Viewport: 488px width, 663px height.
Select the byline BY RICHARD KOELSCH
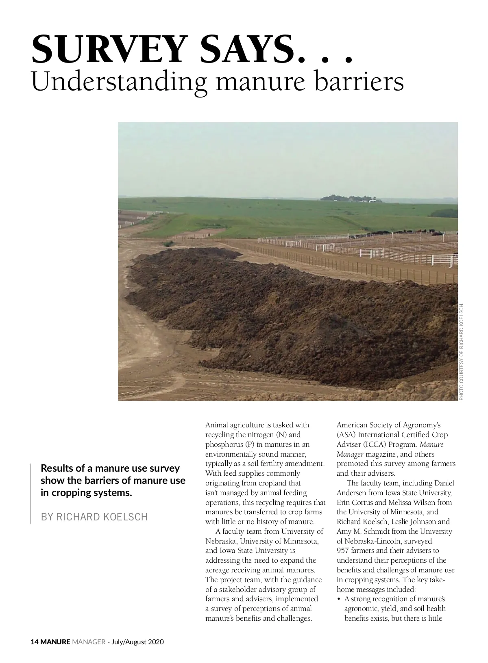[94, 517]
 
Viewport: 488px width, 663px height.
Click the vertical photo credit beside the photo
[462, 351]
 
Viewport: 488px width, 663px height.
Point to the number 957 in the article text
[343, 551]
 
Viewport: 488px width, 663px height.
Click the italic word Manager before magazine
[350, 454]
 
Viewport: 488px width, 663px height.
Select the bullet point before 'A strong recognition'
[339, 599]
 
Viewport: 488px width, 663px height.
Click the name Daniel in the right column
[444, 483]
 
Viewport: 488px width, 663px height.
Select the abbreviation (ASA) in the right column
[346, 435]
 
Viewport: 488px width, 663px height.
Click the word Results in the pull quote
[57, 468]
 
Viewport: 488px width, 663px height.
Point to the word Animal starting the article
[217, 425]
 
